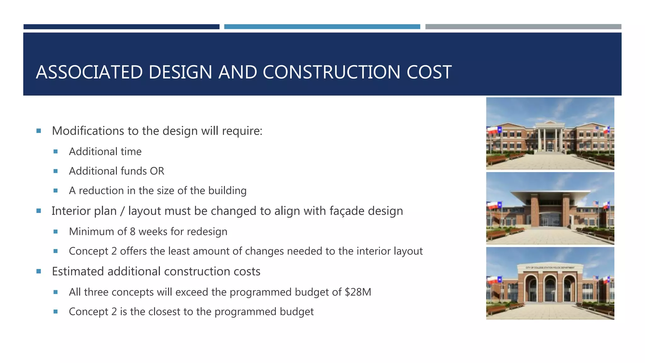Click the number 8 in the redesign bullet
[133, 232]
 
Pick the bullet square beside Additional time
[56, 152]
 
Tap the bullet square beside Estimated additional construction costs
[39, 271]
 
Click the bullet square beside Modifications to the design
[39, 131]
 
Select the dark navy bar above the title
[121, 27]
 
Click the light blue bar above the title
[322, 27]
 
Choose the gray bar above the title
[523, 27]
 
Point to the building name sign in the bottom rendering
[550, 268]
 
